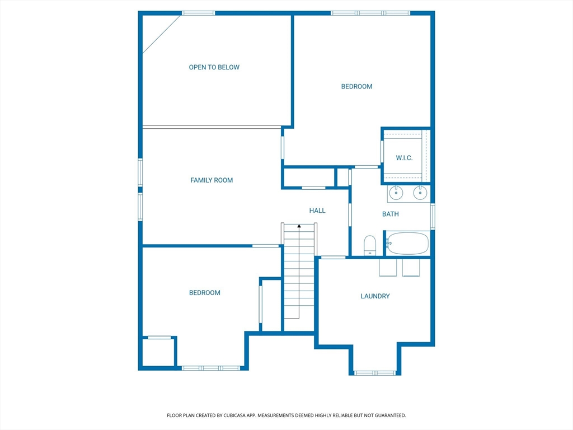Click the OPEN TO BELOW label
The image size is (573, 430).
tap(214, 67)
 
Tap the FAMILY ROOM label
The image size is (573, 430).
tap(212, 180)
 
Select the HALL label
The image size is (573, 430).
tap(317, 211)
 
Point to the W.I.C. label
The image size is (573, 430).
tap(404, 158)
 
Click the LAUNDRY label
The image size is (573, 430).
tap(375, 296)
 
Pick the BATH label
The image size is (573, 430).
tap(390, 214)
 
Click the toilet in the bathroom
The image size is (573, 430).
tap(370, 245)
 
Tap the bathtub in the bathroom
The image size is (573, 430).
tap(407, 243)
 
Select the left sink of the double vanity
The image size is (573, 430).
tap(396, 193)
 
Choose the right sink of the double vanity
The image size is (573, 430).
tap(420, 193)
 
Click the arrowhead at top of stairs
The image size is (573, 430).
tap(299, 226)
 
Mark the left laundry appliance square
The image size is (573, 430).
tap(388, 268)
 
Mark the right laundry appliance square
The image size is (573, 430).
tap(411, 268)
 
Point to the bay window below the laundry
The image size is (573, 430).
tap(375, 373)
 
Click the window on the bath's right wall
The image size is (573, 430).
tap(433, 217)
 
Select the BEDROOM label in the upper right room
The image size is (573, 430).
tap(356, 87)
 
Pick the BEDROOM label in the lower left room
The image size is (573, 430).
tap(205, 292)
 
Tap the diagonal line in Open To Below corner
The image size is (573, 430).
tap(162, 35)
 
